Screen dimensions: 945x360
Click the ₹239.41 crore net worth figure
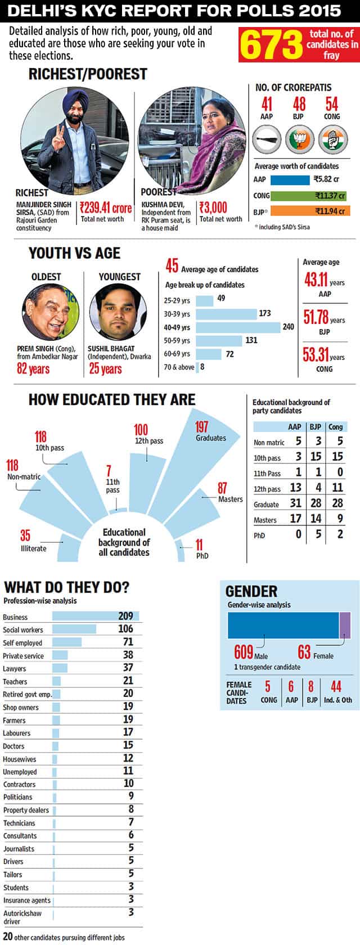pos(105,208)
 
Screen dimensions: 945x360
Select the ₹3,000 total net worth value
pos(213,208)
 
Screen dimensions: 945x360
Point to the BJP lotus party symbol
pos(299,140)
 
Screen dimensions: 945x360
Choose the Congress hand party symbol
pos(332,140)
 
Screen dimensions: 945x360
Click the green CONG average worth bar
pos(308,196)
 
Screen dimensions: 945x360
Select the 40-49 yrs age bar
pos(238,327)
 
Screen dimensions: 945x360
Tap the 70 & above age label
pos(179,367)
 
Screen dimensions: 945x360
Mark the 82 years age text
pos(33,369)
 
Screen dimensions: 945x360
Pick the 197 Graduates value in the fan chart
pos(201,427)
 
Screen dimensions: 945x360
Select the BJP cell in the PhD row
pos(318,534)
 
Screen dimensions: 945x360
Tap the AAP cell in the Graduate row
pos(295,503)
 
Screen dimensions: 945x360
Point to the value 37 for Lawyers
pos(128,668)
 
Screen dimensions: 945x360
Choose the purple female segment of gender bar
pos(345,625)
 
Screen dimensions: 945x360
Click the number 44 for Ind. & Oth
pos(336,686)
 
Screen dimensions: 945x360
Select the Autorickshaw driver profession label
pos(22,917)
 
